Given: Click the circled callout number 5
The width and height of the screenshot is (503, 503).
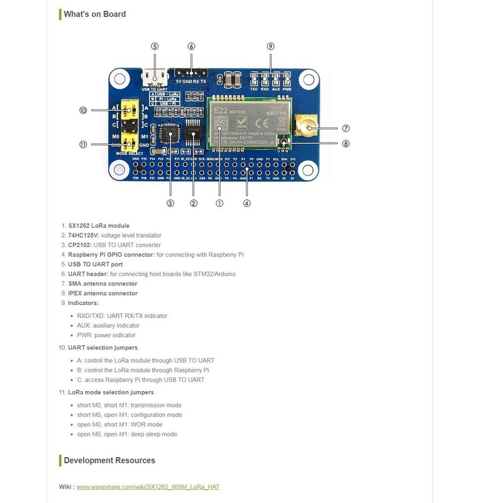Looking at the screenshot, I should point(155,47).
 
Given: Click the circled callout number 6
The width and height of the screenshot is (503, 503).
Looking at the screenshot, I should point(191,47).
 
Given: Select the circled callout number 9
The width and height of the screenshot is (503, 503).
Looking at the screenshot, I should point(270,47).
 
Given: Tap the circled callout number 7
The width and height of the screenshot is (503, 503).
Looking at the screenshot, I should point(345,128).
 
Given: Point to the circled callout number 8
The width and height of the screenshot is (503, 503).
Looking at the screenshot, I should point(345,143).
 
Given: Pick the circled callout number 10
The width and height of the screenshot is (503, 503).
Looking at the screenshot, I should point(83,111).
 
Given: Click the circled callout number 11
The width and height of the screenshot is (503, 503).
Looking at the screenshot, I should point(83,144).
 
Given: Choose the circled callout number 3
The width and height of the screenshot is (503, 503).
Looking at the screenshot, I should point(170,203).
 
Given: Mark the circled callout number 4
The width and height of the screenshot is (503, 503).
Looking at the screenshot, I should point(246,203).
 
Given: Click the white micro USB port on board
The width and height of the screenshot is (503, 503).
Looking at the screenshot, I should point(155,78).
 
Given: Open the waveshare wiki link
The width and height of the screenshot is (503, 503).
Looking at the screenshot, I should point(148,487).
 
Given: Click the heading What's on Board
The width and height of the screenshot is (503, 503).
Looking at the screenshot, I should point(94,14).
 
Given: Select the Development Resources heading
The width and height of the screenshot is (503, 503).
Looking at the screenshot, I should point(109,460).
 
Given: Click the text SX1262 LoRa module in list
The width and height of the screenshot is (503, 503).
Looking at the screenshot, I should point(99,226).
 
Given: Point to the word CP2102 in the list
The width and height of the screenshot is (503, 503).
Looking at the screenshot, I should point(79,245).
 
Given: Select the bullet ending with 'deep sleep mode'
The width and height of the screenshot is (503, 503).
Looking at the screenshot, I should point(127,434).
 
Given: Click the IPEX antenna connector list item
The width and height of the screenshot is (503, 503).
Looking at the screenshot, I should point(102,294).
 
